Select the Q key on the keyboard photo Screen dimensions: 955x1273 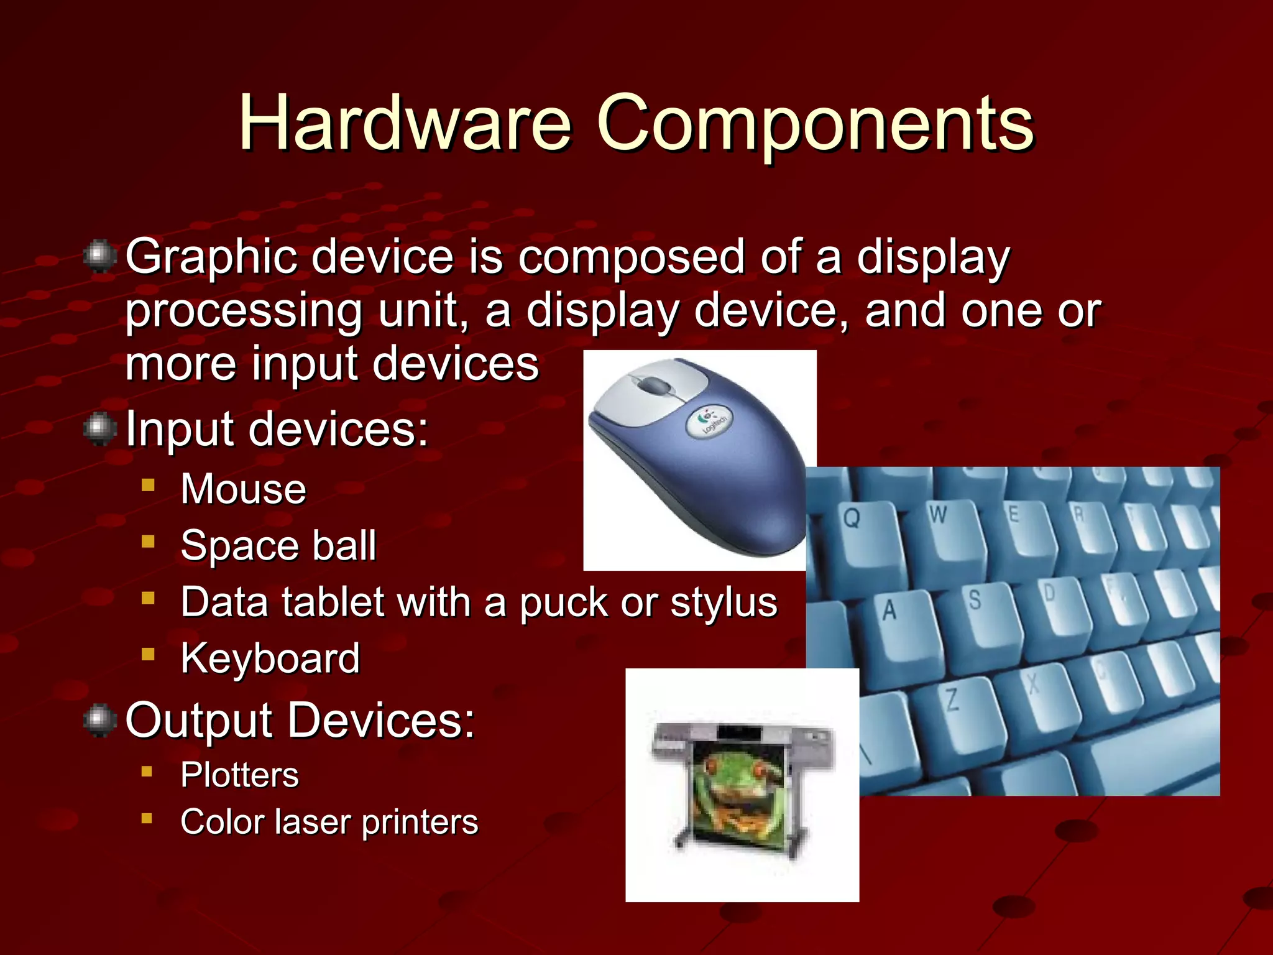(x=853, y=518)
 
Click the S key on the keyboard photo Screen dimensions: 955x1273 (x=975, y=601)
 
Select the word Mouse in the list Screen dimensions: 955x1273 (x=243, y=489)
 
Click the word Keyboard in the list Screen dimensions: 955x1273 (x=270, y=658)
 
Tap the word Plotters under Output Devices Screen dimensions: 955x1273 (x=239, y=775)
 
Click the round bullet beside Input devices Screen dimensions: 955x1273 (x=99, y=429)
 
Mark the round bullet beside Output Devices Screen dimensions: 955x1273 (x=99, y=720)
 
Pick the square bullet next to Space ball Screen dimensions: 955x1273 (x=148, y=542)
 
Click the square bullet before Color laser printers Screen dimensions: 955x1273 (x=147, y=819)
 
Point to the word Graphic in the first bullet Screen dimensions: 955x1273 (x=211, y=257)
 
